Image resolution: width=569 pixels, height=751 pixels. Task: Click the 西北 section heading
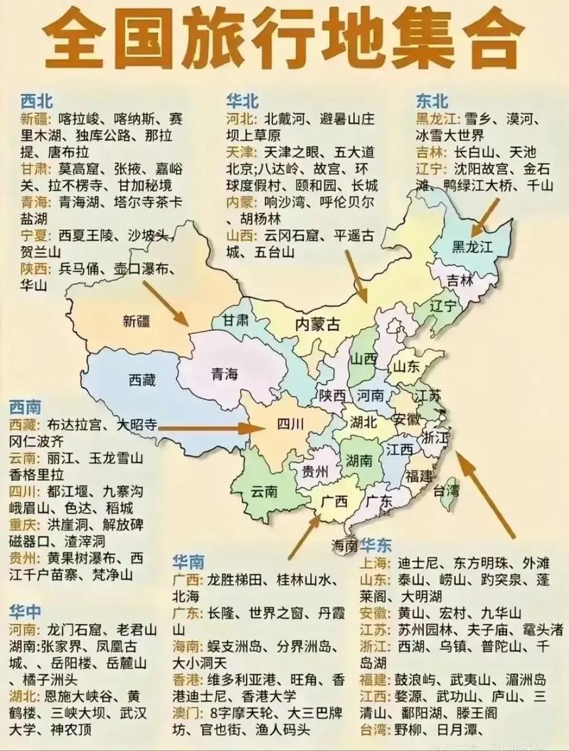click(37, 100)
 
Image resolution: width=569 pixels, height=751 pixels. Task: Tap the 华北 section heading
click(243, 100)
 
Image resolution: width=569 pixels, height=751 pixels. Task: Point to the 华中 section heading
click(26, 611)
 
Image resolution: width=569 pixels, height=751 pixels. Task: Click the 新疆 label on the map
click(136, 321)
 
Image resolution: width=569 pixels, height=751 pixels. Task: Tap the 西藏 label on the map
click(142, 380)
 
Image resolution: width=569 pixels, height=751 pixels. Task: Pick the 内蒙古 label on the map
click(317, 325)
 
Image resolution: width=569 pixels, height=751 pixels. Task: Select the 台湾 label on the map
click(447, 490)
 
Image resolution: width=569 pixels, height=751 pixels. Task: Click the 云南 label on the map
click(264, 492)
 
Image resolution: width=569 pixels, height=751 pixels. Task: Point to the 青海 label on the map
click(225, 374)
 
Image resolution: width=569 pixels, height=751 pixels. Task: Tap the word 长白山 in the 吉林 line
click(474, 152)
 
